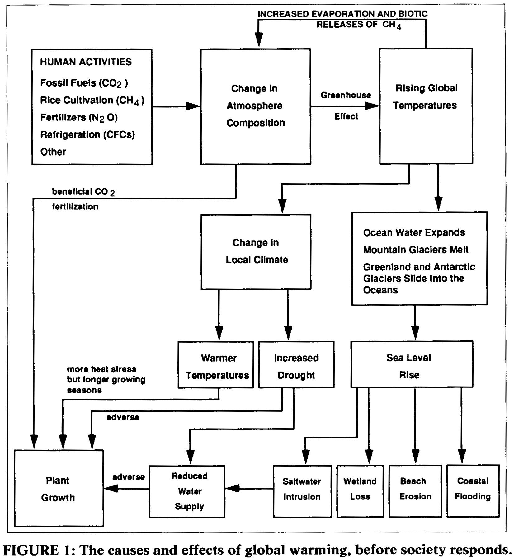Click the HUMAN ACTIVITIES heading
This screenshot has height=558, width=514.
click(x=86, y=62)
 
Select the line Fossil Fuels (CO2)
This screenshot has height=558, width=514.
click(x=84, y=83)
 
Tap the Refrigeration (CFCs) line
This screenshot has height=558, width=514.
click(x=87, y=134)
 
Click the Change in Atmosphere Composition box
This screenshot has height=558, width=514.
click(x=255, y=106)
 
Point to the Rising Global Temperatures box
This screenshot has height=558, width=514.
click(x=426, y=106)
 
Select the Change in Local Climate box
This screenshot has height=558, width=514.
click(x=256, y=251)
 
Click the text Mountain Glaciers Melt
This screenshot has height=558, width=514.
click(x=416, y=250)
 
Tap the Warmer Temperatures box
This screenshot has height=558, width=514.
click(x=216, y=365)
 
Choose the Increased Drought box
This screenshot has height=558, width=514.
click(x=296, y=365)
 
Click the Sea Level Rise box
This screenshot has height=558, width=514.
click(x=412, y=364)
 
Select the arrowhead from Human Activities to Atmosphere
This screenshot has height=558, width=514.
click(x=193, y=106)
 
